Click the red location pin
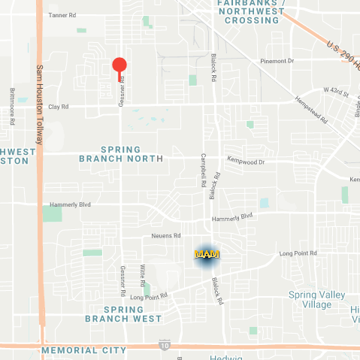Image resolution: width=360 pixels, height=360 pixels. tap(119, 65)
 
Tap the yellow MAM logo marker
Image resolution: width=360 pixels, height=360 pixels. tap(205, 255)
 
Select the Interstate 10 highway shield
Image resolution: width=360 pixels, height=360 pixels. tap(165, 345)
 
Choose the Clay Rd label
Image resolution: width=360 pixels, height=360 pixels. tap(59, 107)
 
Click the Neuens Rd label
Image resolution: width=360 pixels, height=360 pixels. tap(167, 235)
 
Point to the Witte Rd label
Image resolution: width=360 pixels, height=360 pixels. tap(141, 275)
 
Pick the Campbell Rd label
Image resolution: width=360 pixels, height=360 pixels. tap(203, 171)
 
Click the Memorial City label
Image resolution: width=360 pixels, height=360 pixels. tap(83, 350)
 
